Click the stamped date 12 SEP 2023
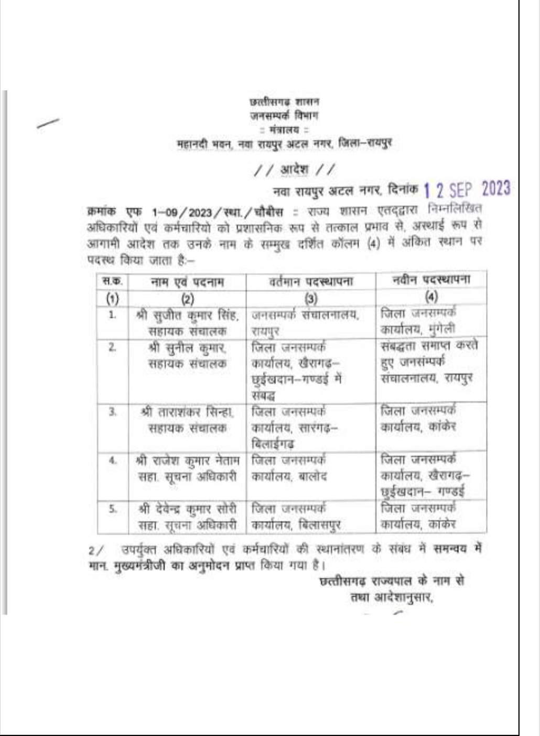[x=467, y=189]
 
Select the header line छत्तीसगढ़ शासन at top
[x=284, y=102]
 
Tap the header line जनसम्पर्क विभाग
[x=284, y=115]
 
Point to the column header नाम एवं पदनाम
[x=187, y=282]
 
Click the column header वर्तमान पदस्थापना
[x=311, y=282]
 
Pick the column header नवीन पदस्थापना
[x=431, y=280]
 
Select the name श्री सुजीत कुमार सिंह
[x=187, y=316]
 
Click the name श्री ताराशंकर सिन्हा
[x=187, y=412]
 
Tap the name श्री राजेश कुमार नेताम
[x=187, y=461]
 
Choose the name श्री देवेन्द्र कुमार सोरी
[x=187, y=509]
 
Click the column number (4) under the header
[x=431, y=297]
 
